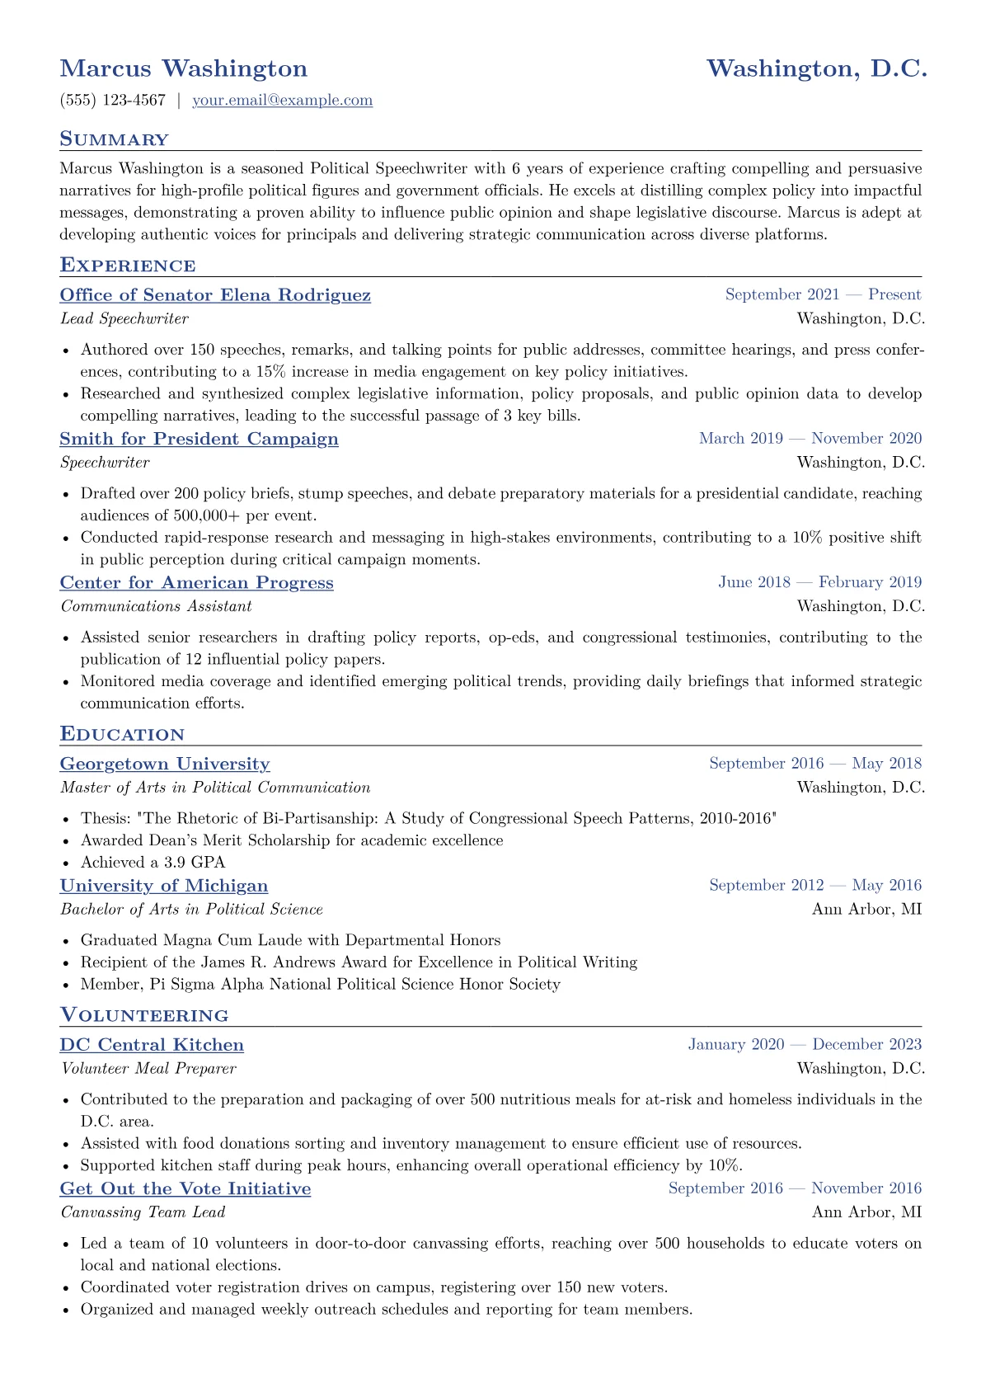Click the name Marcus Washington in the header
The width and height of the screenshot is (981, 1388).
coord(184,68)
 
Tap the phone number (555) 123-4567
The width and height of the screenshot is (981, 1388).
coord(113,101)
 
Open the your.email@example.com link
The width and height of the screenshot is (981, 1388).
coord(282,101)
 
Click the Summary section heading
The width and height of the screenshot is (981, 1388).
coord(114,139)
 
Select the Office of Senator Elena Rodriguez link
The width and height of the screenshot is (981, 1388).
coord(215,295)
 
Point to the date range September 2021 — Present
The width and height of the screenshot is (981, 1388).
coord(823,294)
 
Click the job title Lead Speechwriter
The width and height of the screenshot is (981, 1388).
coord(124,318)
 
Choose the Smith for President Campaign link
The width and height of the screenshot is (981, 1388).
coord(199,439)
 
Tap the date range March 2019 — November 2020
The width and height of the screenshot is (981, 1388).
coord(810,439)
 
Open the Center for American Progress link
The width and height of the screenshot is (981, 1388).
coord(196,583)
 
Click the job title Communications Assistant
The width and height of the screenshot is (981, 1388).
coord(156,606)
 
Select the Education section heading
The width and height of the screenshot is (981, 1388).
coord(122,735)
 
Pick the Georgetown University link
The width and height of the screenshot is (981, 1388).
coord(165,764)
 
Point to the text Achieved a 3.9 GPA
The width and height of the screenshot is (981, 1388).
coord(153,862)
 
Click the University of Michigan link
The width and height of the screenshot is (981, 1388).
coord(164,886)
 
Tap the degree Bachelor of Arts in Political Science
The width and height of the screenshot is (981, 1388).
coord(191,909)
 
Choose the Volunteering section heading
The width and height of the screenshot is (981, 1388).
coord(144,1015)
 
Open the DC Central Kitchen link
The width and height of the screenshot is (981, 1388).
coord(152,1045)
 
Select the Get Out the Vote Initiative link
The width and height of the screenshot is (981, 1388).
coord(185,1188)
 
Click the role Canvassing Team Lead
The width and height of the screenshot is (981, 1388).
coord(143,1212)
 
